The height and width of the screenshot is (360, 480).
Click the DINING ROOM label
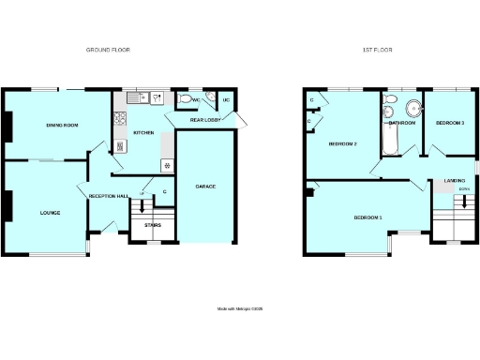tap(61, 126)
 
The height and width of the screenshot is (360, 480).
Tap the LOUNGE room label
tap(51, 213)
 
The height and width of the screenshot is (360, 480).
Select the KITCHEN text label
tap(143, 133)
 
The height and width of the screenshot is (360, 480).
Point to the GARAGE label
tap(205, 187)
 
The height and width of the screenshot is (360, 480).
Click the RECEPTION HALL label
tap(108, 196)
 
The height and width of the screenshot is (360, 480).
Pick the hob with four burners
tap(120, 118)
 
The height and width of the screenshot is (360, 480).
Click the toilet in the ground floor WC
tap(186, 98)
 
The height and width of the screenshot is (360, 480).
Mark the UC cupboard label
tap(226, 99)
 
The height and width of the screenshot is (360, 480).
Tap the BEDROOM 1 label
tap(367, 217)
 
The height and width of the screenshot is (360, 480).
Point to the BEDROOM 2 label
tap(342, 144)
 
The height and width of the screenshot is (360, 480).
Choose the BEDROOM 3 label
tap(450, 123)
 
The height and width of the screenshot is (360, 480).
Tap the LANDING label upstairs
tap(455, 181)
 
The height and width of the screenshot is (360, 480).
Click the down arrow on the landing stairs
tap(463, 200)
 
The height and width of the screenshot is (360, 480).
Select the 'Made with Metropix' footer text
tap(241, 307)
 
